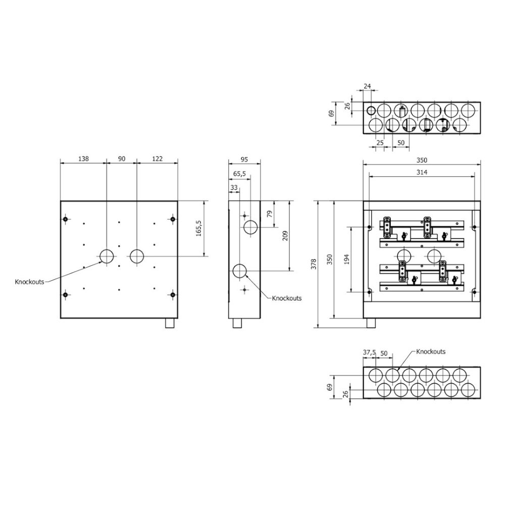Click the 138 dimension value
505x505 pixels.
point(83,159)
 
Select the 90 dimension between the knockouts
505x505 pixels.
point(122,159)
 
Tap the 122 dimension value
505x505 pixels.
point(158,159)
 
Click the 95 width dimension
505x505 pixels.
point(244,160)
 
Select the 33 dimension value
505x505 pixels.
point(233,187)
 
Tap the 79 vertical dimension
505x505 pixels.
point(270,214)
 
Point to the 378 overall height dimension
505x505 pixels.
point(314,264)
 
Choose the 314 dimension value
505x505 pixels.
point(422,173)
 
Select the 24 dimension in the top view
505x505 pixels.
point(367,86)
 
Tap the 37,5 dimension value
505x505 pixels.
point(370,352)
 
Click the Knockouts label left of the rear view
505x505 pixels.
point(29,281)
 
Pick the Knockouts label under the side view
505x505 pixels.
point(286,298)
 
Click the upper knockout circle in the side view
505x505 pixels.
point(250,227)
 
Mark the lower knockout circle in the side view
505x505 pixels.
point(239,272)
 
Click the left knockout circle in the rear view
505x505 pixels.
point(107,257)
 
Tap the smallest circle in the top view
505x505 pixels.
point(371,111)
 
